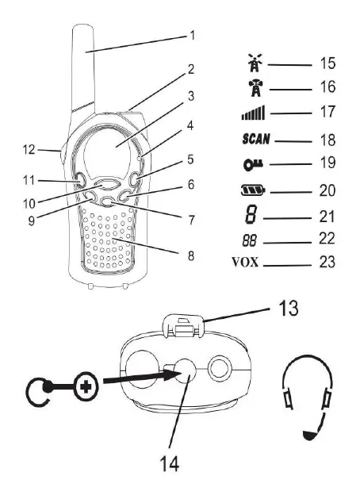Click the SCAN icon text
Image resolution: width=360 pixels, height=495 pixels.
256,139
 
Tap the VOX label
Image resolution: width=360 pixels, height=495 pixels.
245,262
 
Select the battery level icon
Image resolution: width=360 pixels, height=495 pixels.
253,190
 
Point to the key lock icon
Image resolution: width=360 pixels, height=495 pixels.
253,164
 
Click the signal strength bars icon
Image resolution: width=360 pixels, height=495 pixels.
254,113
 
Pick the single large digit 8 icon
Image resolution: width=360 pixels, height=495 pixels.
251,215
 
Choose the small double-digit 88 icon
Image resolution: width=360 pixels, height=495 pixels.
250,241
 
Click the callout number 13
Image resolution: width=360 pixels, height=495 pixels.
288,308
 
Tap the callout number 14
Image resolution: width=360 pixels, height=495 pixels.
170,463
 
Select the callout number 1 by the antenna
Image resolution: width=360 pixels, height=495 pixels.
193,36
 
